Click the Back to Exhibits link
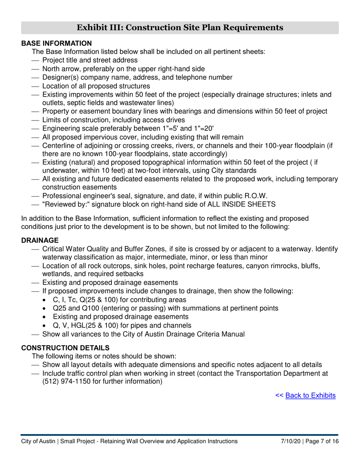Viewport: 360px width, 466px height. pos(310,396)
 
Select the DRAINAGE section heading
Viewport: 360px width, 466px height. pos(40,240)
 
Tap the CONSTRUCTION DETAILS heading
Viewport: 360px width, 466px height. pos(65,348)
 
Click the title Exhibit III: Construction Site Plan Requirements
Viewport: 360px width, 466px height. pos(180,28)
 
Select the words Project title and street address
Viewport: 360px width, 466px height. pos(90,60)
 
